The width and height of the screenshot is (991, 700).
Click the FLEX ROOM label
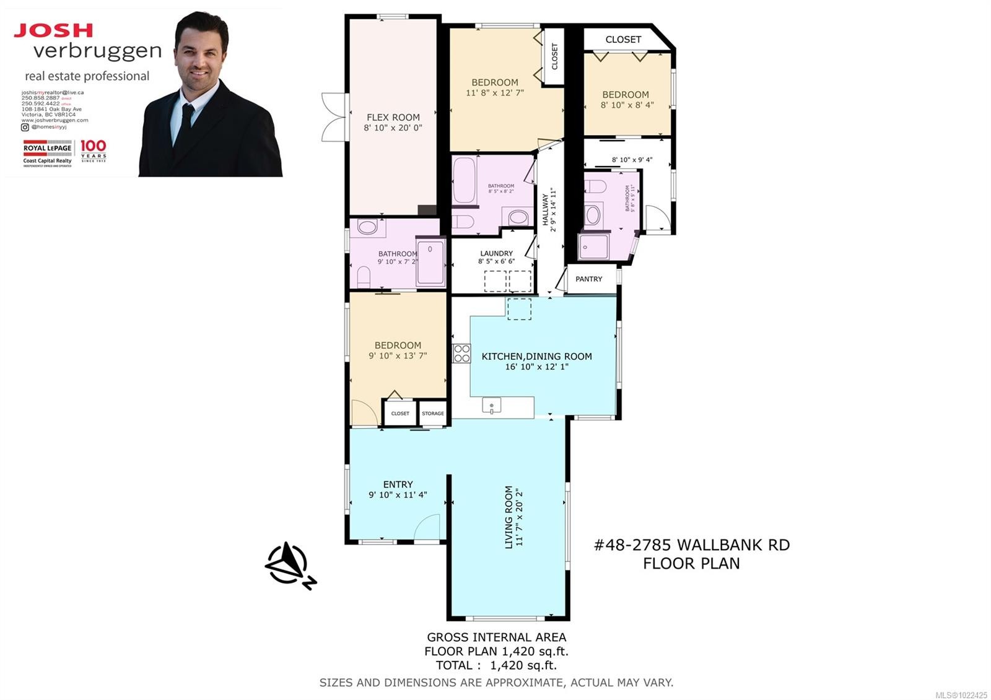[393, 117]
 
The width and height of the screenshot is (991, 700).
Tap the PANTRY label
[588, 279]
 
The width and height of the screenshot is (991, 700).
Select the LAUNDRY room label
[496, 253]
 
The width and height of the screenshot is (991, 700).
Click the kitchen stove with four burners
[461, 353]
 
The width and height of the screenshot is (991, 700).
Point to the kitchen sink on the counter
[491, 406]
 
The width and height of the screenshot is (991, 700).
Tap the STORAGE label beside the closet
[433, 413]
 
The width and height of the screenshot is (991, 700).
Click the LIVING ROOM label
[509, 517]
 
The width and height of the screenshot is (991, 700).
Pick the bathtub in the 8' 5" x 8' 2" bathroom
[464, 180]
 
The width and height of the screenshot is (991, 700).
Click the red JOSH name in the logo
[53, 30]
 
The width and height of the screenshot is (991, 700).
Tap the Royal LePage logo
[48, 152]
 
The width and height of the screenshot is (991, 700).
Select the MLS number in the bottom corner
[961, 695]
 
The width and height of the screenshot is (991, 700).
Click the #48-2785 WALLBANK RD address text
[691, 545]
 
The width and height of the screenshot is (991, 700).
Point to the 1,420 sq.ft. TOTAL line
[496, 665]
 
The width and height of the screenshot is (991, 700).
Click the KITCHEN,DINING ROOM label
[536, 356]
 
